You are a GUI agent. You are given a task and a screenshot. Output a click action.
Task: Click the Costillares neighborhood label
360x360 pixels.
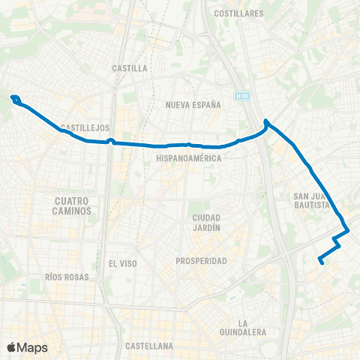coord(238,13)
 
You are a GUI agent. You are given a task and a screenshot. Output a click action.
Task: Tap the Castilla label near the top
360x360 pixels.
coord(129,67)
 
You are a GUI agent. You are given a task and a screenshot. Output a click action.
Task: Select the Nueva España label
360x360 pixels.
coord(193,105)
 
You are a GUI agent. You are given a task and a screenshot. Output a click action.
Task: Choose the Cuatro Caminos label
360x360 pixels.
coord(73,205)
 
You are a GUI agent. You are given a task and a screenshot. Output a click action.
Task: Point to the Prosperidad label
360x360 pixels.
coord(201,261)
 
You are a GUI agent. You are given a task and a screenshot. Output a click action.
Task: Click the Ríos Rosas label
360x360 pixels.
coord(67,277)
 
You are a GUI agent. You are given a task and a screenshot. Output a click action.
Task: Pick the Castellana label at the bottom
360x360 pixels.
coord(150,346)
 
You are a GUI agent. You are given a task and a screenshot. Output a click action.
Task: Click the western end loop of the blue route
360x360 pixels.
coord(15,98)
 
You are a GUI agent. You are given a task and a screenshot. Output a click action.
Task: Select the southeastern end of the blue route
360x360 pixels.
coord(321,262)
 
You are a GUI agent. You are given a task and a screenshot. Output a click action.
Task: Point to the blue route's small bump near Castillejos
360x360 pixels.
coord(110,140)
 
